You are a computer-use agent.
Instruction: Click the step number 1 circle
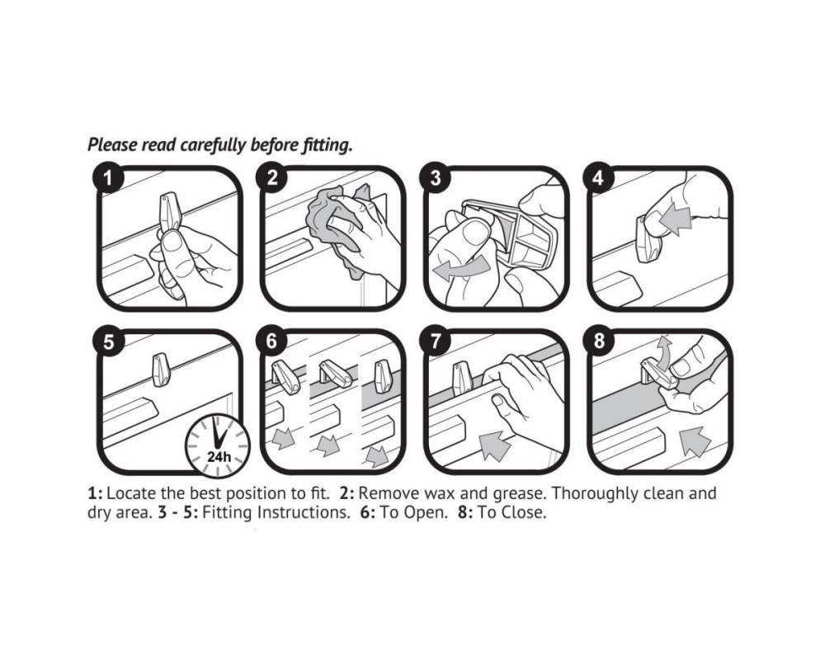(108, 178)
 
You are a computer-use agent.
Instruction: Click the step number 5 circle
(108, 342)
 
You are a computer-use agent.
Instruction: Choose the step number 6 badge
(271, 342)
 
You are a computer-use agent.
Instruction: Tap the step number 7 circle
(435, 342)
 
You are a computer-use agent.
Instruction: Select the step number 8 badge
(599, 342)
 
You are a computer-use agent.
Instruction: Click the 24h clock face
(218, 445)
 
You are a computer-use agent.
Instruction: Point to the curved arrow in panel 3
(461, 268)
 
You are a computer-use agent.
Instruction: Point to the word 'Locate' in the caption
(131, 493)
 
